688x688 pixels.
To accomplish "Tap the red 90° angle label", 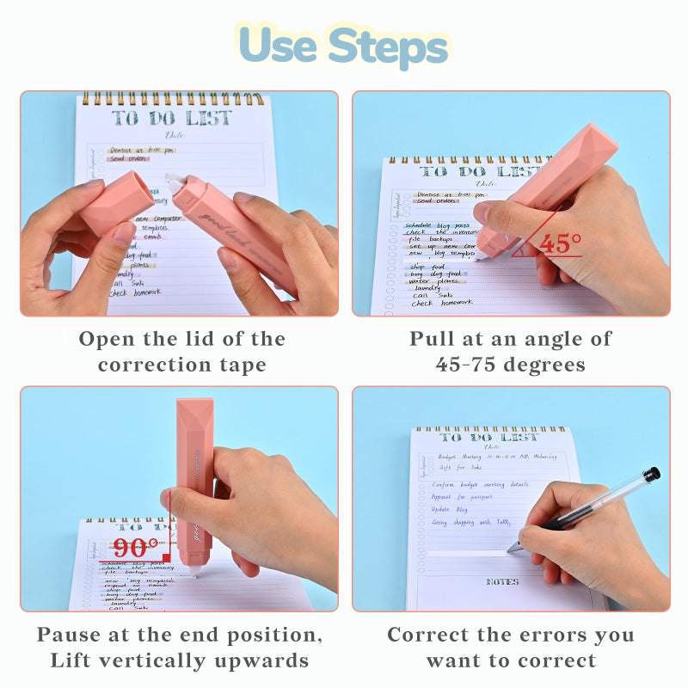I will (x=136, y=548).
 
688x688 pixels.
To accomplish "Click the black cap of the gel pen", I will (x=651, y=474).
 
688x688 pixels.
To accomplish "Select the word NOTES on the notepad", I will (x=502, y=581).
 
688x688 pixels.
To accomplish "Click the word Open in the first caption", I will (x=109, y=339).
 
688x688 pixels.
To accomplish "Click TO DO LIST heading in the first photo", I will (x=171, y=118).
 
